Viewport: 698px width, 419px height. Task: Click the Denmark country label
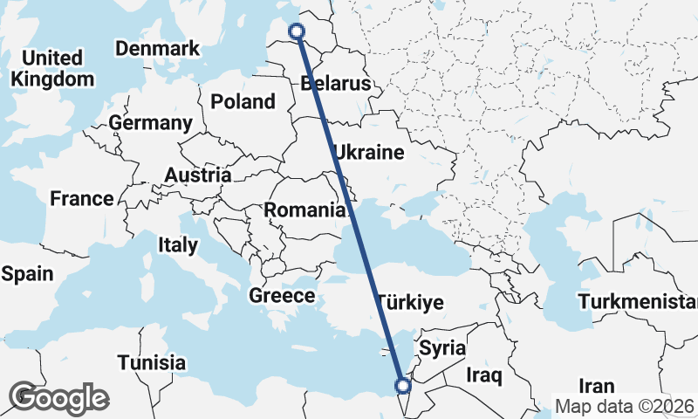tap(158, 49)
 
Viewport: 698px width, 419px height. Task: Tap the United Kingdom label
tap(52, 68)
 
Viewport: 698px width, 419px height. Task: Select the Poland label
tap(243, 101)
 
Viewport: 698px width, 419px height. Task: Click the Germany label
tap(151, 123)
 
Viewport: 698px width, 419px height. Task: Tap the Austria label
tap(197, 175)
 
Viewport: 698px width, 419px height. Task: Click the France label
tap(82, 198)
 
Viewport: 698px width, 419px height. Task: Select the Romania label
tap(305, 209)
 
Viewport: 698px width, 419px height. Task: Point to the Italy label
tap(178, 245)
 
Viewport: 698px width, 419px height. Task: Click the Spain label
tap(27, 273)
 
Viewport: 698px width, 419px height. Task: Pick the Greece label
tap(282, 296)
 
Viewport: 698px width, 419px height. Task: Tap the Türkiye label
tap(411, 303)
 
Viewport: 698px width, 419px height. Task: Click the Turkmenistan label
tap(637, 303)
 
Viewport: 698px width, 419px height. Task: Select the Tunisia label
tap(152, 361)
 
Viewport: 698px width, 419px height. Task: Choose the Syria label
tap(442, 347)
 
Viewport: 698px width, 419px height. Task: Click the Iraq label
tap(484, 376)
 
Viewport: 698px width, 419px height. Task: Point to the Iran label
tap(598, 385)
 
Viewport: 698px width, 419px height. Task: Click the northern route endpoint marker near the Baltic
tap(297, 32)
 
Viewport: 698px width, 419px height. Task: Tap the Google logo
tap(58, 398)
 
